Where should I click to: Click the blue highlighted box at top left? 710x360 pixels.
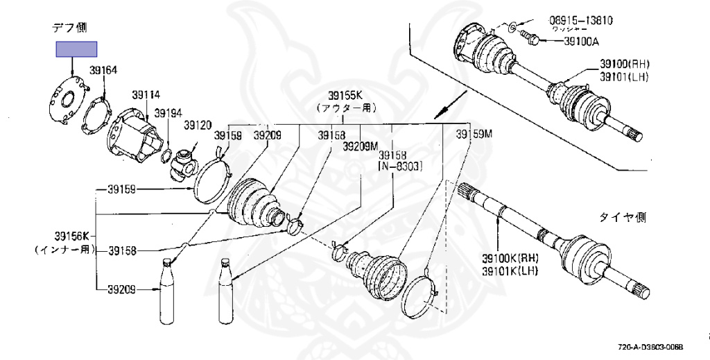pos(76,49)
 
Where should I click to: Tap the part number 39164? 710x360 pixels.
pos(103,70)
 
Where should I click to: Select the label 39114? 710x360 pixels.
pos(146,95)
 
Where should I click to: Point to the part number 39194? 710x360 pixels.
pos(168,112)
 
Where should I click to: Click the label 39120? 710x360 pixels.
pos(197,125)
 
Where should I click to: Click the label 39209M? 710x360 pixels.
pos(361,146)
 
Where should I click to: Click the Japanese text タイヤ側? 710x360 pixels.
pos(623,218)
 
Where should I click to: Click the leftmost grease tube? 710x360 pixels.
pos(166,291)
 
